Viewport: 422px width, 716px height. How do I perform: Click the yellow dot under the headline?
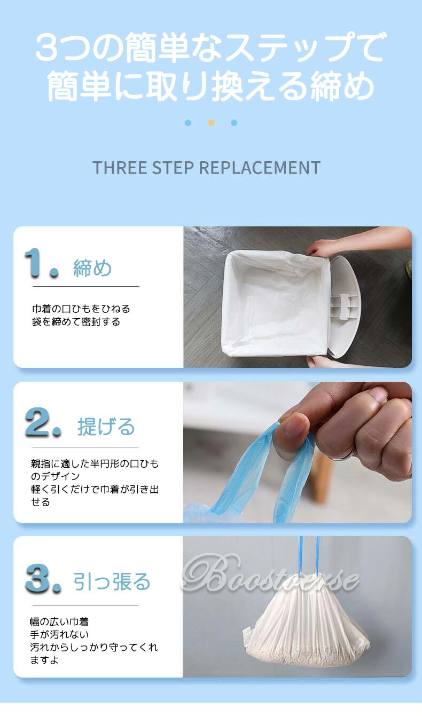210,123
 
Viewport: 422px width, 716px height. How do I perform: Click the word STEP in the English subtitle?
173,168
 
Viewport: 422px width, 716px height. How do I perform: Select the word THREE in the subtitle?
120,168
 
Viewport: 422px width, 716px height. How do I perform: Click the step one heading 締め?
92,268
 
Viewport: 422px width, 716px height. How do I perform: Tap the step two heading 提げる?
106,427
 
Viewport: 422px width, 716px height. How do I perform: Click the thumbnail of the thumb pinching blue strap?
298,452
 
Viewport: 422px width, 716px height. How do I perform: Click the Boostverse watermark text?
270,573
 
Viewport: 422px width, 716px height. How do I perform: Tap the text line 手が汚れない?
59,634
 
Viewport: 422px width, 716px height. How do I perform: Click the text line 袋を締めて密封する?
76,321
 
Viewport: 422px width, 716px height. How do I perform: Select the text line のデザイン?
56,476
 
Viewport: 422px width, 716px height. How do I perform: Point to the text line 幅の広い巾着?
59,621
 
